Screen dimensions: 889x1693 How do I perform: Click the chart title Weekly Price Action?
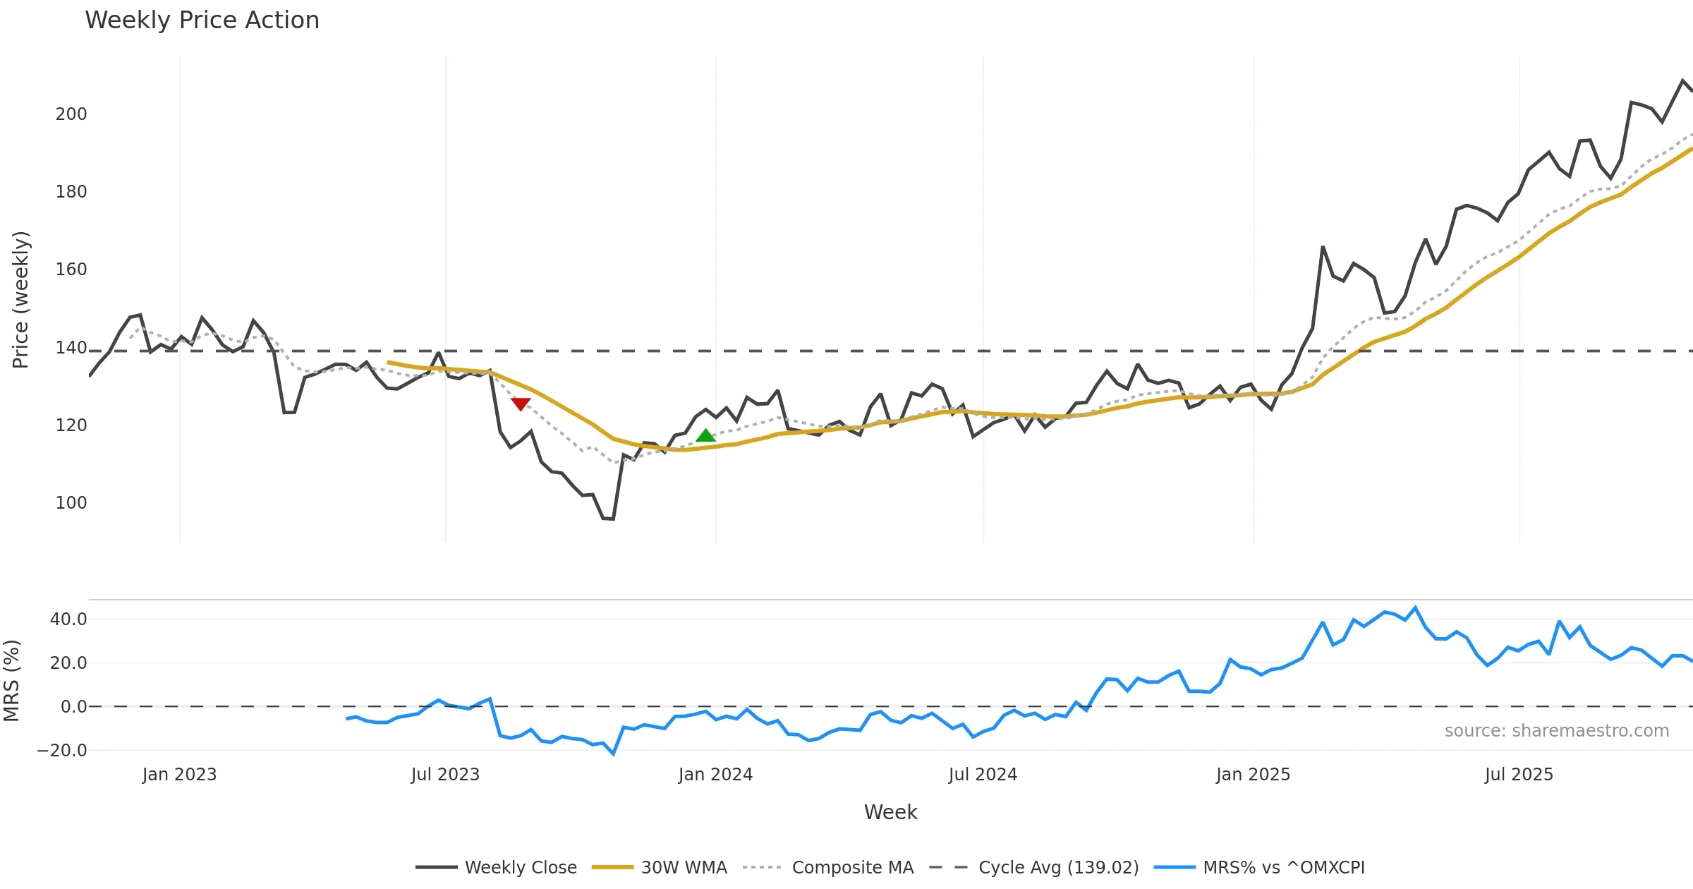(202, 20)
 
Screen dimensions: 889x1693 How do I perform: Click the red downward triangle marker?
(521, 404)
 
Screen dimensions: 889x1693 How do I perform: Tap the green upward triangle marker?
(705, 435)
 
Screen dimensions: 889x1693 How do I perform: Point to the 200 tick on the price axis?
(71, 114)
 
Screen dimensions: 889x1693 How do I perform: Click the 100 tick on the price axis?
(71, 503)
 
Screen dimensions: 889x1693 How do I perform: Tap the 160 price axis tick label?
(71, 270)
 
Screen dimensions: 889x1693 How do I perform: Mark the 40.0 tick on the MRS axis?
(68, 619)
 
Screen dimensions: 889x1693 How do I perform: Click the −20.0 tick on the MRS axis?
(63, 751)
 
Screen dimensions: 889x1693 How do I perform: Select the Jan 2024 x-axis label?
(715, 775)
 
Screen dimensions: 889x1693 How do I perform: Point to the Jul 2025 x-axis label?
(1519, 775)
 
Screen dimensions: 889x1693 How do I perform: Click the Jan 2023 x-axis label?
(179, 775)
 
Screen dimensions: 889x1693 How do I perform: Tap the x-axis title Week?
(890, 812)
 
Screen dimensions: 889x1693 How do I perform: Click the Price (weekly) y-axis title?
(21, 300)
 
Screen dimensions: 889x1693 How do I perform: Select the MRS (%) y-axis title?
(12, 680)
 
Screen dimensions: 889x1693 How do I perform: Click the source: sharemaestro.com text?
(1556, 731)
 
